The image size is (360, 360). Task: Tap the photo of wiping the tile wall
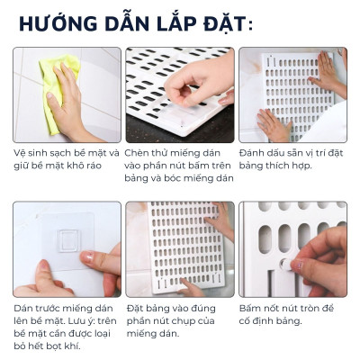(67, 94)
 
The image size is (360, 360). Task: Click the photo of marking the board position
(292, 94)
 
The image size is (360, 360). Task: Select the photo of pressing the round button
(292, 247)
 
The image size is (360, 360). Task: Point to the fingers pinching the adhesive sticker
(193, 85)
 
